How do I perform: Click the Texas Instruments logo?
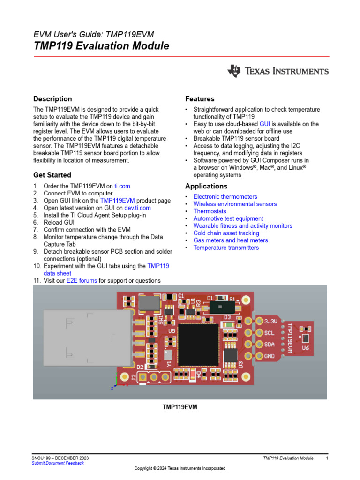(x=278, y=71)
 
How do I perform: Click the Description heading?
(x=52, y=99)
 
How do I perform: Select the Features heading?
(x=200, y=99)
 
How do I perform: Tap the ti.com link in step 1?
(x=122, y=186)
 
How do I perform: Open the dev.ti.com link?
(x=137, y=208)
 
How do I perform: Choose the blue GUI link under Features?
(x=265, y=124)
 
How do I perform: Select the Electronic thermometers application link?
(x=225, y=197)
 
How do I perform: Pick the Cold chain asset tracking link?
(x=226, y=233)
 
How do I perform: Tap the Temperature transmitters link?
(x=226, y=247)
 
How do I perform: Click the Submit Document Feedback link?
(x=58, y=463)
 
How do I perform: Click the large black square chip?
(x=198, y=345)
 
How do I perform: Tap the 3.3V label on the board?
(x=271, y=322)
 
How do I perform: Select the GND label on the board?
(x=270, y=356)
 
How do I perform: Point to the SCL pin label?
(x=270, y=333)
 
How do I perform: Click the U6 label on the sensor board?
(x=305, y=348)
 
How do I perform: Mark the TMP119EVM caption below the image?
(x=180, y=407)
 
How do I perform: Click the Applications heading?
(x=206, y=186)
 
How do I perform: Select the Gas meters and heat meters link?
(x=231, y=240)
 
